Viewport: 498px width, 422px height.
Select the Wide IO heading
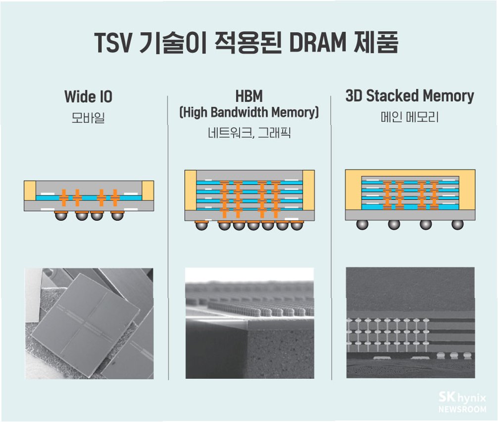pos(89,97)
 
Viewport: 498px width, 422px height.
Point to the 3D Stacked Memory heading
pos(409,96)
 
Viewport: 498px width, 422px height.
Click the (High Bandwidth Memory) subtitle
pos(249,112)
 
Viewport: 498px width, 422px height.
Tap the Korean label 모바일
pos(88,119)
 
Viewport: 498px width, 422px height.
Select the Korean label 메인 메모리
pos(409,119)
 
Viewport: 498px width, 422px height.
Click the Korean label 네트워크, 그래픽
pos(249,134)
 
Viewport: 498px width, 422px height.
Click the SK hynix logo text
pos(462,398)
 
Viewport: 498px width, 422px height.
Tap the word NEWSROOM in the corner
pos(462,410)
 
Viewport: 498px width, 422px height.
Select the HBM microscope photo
pos(249,323)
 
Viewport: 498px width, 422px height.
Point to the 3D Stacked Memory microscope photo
pos(410,323)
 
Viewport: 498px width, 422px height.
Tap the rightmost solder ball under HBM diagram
pos(297,225)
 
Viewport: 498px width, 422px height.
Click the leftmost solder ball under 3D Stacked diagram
pos(362,224)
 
